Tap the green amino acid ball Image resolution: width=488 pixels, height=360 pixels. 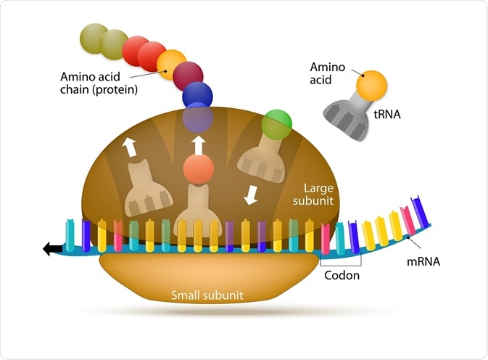[276, 122]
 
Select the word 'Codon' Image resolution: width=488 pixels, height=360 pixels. [341, 276]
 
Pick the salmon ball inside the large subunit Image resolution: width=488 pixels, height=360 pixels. [199, 170]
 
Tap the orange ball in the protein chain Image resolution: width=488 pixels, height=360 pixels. [172, 65]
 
